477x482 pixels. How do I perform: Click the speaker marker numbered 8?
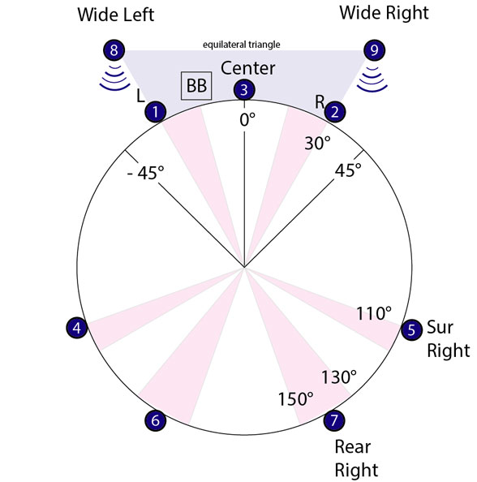[x=114, y=49]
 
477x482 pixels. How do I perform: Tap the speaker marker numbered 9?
[x=374, y=49]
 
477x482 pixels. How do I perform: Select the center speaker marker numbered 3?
[x=244, y=90]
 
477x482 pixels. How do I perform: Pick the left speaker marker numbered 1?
[x=156, y=112]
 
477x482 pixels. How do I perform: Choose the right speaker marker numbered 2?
[x=335, y=112]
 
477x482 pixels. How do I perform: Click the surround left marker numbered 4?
[x=77, y=328]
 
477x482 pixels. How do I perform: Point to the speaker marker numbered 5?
[x=412, y=329]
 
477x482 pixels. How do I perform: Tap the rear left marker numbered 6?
[x=156, y=420]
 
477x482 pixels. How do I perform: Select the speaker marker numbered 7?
[x=334, y=420]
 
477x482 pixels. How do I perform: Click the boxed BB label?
[x=196, y=86]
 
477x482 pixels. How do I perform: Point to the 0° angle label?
[x=247, y=119]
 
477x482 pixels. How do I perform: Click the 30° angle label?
[x=317, y=143]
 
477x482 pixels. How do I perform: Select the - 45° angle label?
[x=146, y=173]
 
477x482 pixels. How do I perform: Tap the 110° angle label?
[x=374, y=313]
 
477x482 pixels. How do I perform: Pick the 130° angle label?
[x=339, y=377]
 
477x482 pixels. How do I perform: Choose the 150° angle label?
[x=295, y=399]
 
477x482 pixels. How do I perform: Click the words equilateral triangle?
[x=241, y=45]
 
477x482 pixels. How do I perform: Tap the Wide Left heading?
[x=115, y=15]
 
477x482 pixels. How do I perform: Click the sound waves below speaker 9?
[x=372, y=80]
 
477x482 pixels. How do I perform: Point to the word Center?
[x=247, y=68]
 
